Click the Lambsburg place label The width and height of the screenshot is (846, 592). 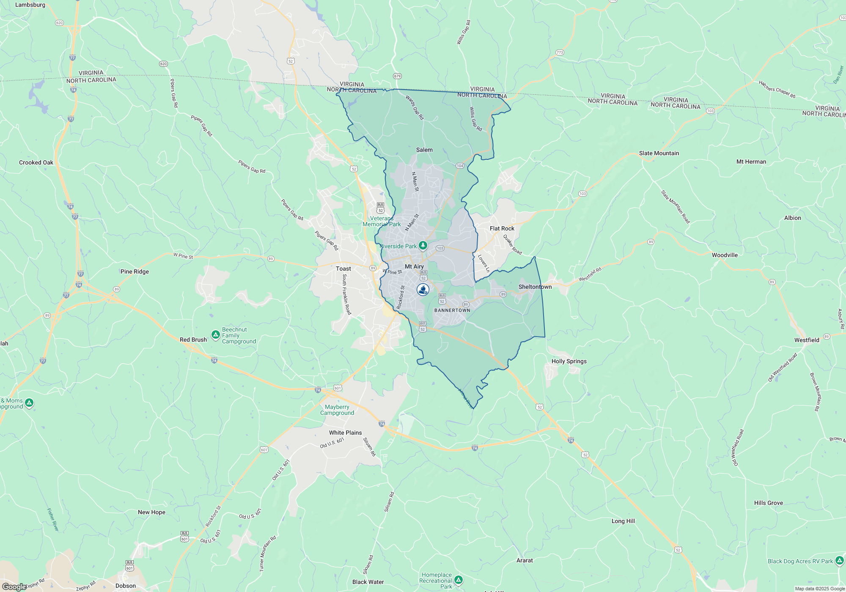tap(30, 5)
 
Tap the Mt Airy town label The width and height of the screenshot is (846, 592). tap(414, 266)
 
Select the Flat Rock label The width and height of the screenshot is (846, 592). tap(502, 228)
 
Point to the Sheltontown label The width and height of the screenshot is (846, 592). tap(535, 287)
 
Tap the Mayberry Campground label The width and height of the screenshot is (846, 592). tap(337, 410)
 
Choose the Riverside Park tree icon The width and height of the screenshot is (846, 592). tap(423, 246)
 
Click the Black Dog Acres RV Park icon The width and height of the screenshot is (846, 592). tap(840, 561)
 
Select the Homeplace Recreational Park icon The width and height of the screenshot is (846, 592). tap(459, 580)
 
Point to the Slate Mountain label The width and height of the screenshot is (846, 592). tap(659, 153)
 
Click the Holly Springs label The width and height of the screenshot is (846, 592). tap(569, 361)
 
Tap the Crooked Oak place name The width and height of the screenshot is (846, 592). tap(36, 162)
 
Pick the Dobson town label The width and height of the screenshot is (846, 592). tap(126, 586)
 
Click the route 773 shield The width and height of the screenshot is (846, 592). tap(560, 52)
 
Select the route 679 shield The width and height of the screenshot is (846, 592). tap(397, 76)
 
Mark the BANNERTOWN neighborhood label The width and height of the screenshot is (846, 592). tap(452, 310)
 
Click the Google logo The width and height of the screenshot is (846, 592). tap(14, 587)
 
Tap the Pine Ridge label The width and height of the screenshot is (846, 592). tap(135, 271)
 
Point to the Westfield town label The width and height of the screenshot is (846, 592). tap(807, 340)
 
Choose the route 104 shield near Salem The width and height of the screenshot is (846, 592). tap(460, 166)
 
